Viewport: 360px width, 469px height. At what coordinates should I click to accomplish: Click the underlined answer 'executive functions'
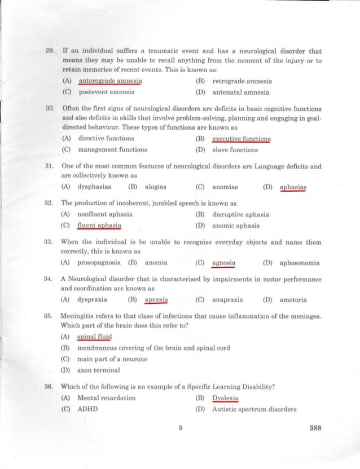point(241,139)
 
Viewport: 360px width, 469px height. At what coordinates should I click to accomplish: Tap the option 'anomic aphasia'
point(236,225)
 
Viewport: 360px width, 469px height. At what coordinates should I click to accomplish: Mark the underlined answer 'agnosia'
point(224,263)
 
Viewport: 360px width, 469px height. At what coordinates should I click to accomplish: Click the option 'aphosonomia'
point(300,263)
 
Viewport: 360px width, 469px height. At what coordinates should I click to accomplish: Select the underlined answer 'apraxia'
point(158,300)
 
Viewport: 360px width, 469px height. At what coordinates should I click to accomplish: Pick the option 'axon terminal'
point(99,370)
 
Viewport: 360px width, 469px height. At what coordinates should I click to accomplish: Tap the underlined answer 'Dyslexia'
point(226,398)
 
